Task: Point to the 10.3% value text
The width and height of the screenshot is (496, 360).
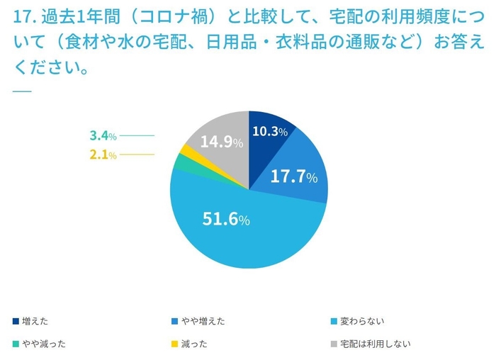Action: [270, 132]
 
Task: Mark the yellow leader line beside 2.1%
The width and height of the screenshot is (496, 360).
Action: [137, 154]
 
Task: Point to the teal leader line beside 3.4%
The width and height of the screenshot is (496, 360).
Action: [137, 135]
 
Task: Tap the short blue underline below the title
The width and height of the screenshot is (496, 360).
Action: [22, 91]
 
